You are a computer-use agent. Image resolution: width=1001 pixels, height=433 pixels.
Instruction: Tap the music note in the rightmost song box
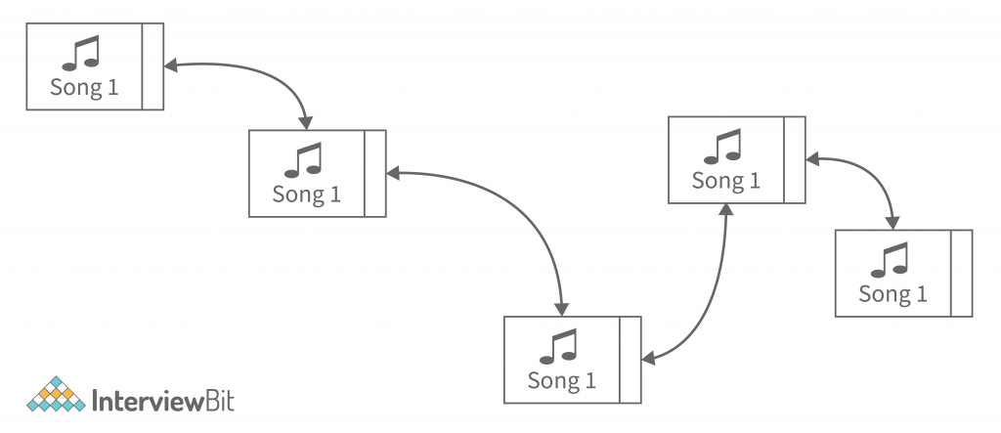891,259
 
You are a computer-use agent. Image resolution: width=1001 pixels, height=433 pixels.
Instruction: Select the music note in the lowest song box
559,346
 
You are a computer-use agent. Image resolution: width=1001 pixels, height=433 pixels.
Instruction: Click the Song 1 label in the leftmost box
84,87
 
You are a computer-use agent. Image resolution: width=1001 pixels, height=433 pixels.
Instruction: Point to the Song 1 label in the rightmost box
892,293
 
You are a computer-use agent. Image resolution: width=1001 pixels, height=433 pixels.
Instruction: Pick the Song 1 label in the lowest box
560,380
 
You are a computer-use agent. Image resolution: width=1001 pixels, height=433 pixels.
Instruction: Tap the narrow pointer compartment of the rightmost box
962,274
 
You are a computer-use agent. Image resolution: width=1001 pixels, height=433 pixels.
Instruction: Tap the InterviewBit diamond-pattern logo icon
55,394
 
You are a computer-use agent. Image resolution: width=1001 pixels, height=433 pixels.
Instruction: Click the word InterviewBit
162,400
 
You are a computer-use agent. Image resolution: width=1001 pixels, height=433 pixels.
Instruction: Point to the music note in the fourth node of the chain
724,147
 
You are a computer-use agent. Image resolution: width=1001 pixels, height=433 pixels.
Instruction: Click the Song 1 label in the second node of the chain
307,195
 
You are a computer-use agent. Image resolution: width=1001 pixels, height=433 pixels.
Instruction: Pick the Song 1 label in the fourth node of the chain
725,181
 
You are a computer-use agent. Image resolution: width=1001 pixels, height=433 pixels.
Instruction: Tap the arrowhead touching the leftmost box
171,67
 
